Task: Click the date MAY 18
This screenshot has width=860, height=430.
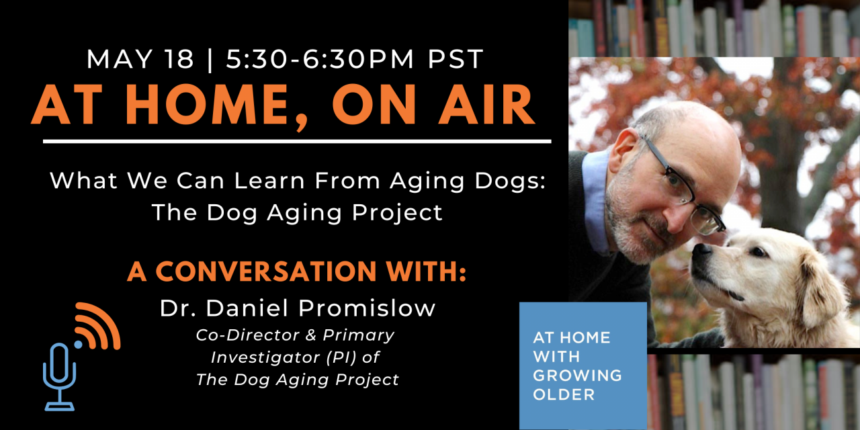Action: coord(140,59)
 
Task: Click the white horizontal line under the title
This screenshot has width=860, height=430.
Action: coord(297,142)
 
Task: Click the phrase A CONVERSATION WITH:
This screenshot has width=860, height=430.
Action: coord(296,271)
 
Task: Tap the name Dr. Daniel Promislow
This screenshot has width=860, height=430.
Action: coord(297,308)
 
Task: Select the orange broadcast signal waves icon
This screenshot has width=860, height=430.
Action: coord(98,326)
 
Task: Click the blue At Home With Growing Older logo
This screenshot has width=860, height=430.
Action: coord(583,365)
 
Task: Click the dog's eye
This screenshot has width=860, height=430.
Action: coord(758,252)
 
